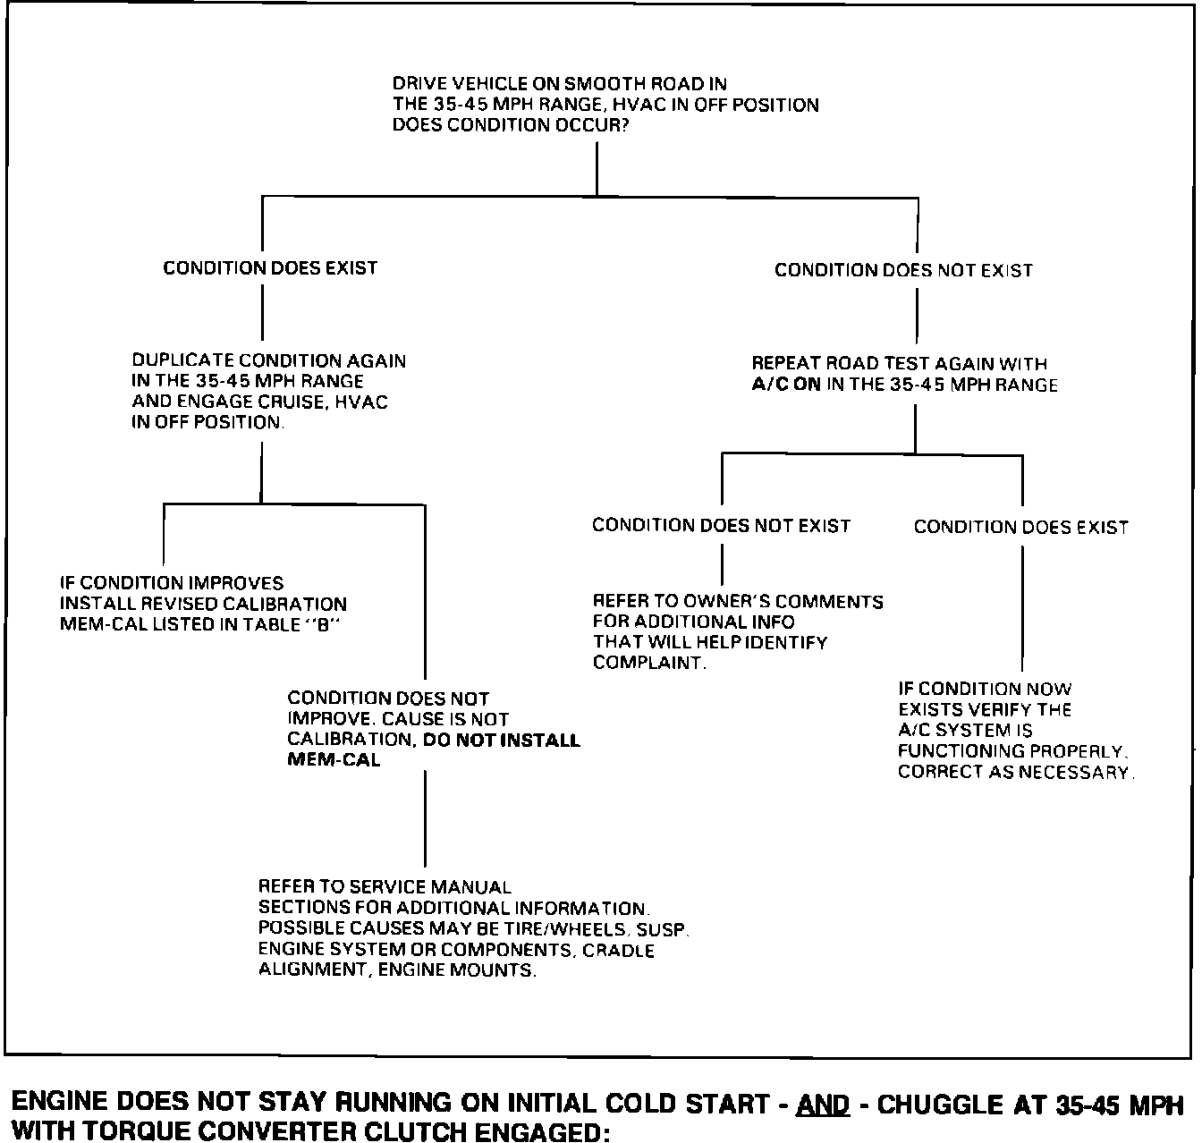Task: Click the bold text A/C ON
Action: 786,385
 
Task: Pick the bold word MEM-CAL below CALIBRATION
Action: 334,760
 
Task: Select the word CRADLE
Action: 618,950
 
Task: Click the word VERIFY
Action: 994,710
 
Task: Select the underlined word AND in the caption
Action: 822,1105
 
